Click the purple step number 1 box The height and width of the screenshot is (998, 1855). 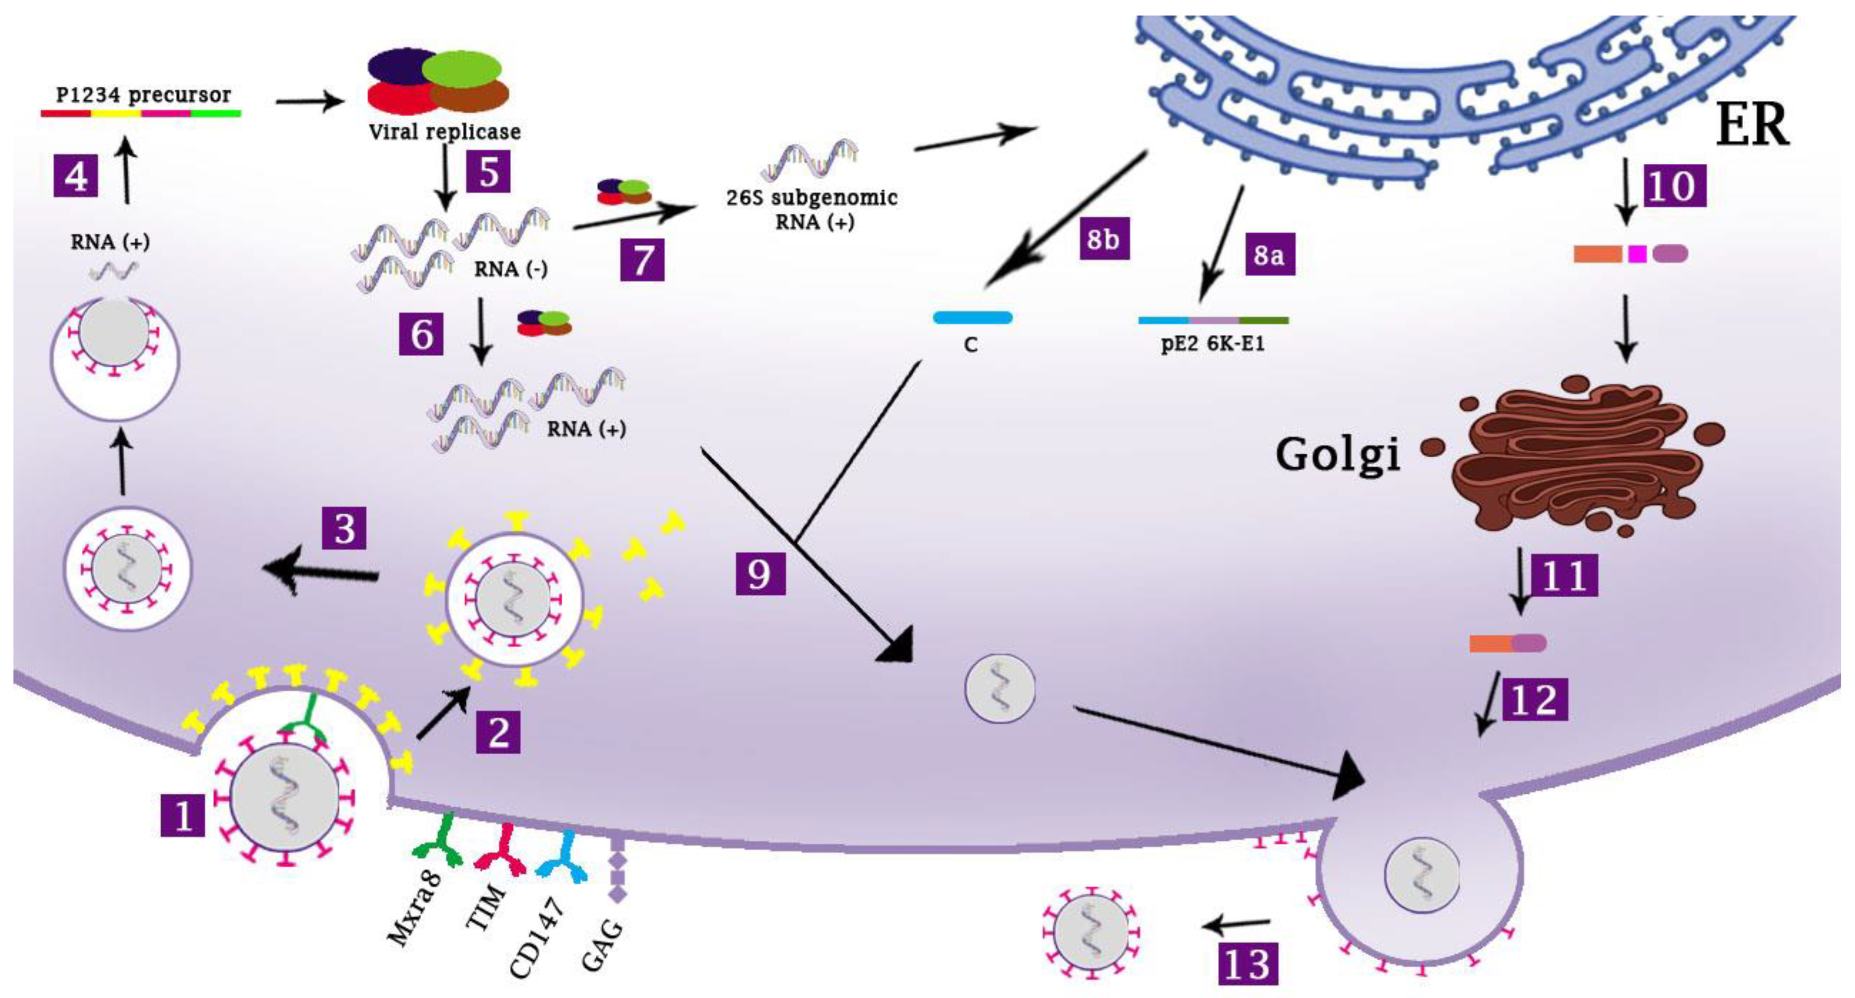pos(183,814)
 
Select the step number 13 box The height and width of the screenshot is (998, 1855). pos(1248,963)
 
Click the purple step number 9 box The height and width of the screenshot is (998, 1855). pos(760,574)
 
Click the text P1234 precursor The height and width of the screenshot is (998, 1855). pos(143,94)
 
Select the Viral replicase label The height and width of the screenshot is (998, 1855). pos(444,132)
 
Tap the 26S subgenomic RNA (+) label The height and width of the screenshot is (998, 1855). pos(812,209)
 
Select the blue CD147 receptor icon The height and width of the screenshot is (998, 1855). pos(564,857)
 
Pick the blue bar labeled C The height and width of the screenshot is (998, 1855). pos(972,318)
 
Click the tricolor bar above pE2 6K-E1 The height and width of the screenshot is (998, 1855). pos(1214,320)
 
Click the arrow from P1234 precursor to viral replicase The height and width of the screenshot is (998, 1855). pos(310,102)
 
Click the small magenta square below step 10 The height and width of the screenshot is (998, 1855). pos(1637,253)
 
